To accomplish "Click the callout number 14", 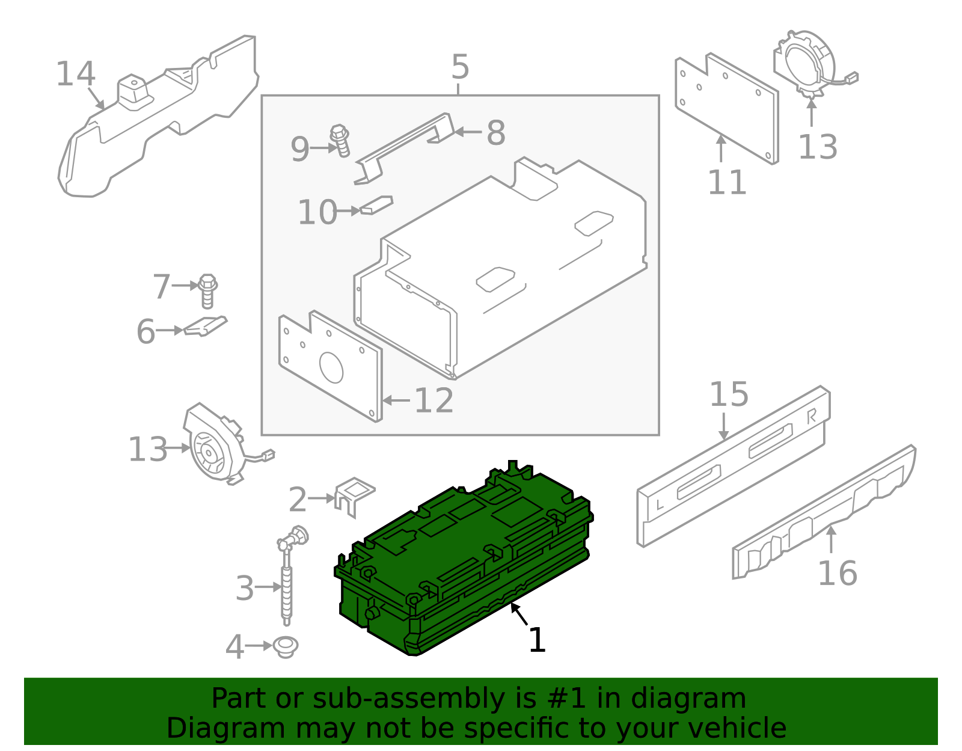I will click(76, 75).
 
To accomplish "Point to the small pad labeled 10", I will click(376, 205).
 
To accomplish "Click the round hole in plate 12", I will click(331, 367).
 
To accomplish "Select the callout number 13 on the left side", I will click(148, 450).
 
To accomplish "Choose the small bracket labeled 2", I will click(354, 494).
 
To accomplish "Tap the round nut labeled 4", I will click(286, 646).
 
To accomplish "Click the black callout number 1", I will click(537, 640).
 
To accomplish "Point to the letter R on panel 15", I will click(812, 416).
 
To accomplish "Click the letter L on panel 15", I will click(660, 504).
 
